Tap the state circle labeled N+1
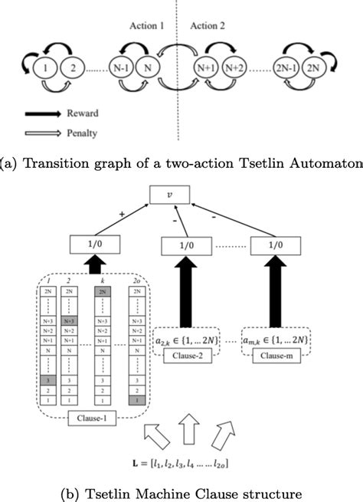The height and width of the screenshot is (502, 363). [x=206, y=68]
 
